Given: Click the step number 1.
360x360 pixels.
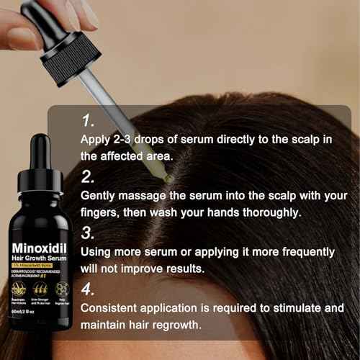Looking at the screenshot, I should (x=88, y=120).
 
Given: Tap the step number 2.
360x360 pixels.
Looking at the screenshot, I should (x=89, y=176).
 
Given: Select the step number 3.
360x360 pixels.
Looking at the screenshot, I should (x=89, y=233).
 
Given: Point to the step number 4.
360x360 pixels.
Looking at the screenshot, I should (x=89, y=290).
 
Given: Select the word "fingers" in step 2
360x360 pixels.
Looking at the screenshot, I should (x=104, y=212).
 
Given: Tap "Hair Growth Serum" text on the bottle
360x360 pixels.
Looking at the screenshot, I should (x=40, y=261).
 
